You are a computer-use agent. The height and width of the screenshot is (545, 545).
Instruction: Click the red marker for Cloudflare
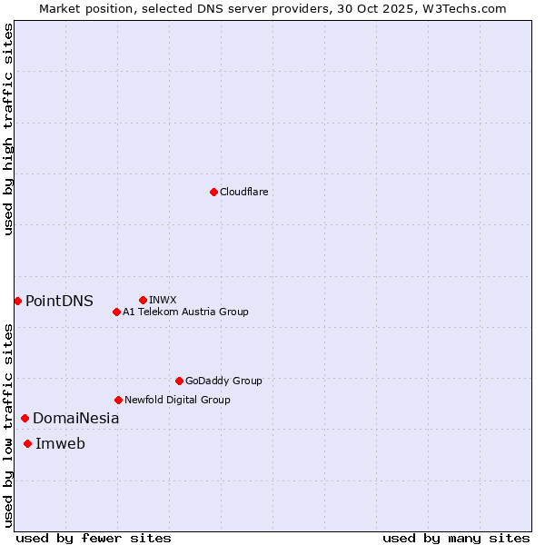pyautogui.click(x=213, y=192)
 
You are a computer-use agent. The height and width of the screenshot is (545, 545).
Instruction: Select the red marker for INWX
pyautogui.click(x=143, y=300)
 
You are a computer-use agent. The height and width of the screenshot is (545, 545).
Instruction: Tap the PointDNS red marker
pyautogui.click(x=17, y=301)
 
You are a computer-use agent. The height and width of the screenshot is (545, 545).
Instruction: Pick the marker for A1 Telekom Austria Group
pyautogui.click(x=116, y=312)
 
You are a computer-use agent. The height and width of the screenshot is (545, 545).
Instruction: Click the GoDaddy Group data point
pyautogui.click(x=179, y=381)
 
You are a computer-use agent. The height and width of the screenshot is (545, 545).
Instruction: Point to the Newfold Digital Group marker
pyautogui.click(x=118, y=400)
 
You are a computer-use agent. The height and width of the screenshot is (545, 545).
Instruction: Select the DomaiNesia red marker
pyautogui.click(x=25, y=418)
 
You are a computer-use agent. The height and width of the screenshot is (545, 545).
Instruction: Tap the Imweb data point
pyautogui.click(x=27, y=443)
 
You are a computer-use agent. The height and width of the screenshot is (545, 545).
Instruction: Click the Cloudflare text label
pyautogui.click(x=243, y=192)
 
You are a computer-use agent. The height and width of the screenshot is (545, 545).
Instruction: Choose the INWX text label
pyautogui.click(x=163, y=300)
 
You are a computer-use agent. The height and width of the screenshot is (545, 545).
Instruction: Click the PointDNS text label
pyautogui.click(x=59, y=301)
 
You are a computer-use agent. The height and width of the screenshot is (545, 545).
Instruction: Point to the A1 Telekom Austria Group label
pyautogui.click(x=185, y=312)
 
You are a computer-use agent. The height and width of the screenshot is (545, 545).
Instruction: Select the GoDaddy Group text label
pyautogui.click(x=223, y=381)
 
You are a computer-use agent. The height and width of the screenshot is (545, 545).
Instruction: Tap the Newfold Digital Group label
pyautogui.click(x=177, y=400)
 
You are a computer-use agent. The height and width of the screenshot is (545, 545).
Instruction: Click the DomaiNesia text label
pyautogui.click(x=75, y=418)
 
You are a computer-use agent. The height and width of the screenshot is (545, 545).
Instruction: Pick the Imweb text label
pyautogui.click(x=60, y=443)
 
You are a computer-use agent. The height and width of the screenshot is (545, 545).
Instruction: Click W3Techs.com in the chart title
pyautogui.click(x=468, y=8)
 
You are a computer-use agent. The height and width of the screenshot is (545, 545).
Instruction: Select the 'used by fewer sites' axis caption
pyautogui.click(x=94, y=538)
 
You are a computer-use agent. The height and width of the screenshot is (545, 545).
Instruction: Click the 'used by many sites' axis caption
pyautogui.click(x=456, y=538)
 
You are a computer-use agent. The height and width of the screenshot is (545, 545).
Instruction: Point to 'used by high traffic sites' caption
pyautogui.click(x=9, y=129)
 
